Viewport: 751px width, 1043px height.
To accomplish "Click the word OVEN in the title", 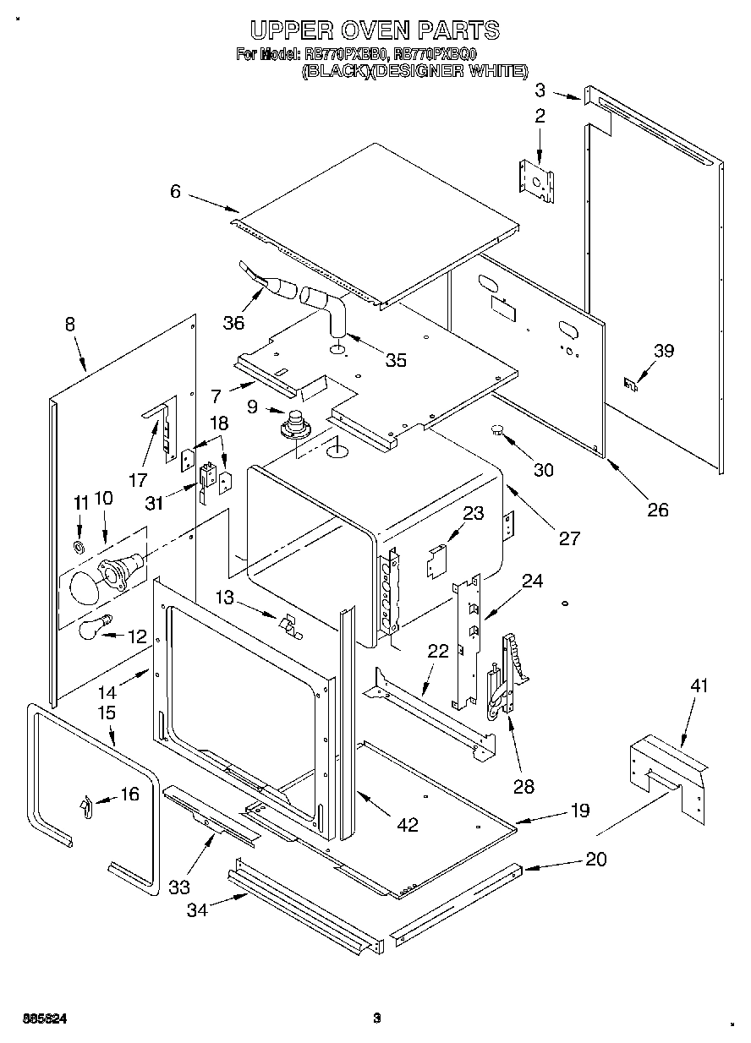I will pyautogui.click(x=373, y=31).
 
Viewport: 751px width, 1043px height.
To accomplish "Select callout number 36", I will pyautogui.click(x=233, y=322).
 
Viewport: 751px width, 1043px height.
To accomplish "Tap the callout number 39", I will pyautogui.click(x=663, y=351).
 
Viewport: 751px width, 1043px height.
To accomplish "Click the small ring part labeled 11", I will pyautogui.click(x=79, y=547).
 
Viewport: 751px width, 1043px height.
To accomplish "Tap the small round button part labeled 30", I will pyautogui.click(x=498, y=432).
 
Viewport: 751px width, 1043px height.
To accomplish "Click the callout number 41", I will pyautogui.click(x=698, y=685).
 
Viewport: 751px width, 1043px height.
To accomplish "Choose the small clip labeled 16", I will pyautogui.click(x=85, y=807).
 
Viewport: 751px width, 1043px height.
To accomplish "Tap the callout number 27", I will pyautogui.click(x=569, y=538).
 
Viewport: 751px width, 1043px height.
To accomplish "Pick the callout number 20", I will pyautogui.click(x=595, y=859).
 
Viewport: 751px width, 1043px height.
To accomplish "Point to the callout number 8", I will pyautogui.click(x=69, y=323).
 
